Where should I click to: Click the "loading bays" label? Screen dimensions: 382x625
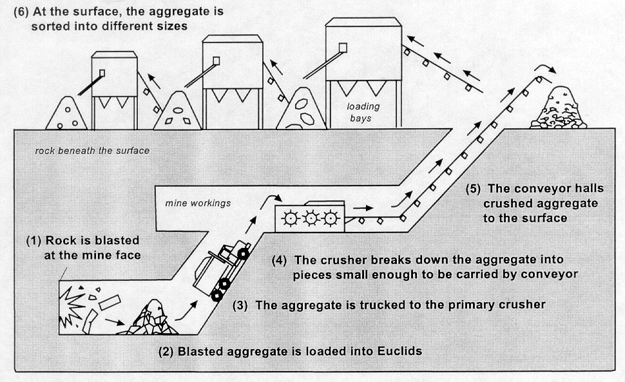[x=363, y=113]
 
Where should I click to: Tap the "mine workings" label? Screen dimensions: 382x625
[x=189, y=203]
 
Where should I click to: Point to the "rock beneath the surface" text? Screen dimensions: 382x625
[x=92, y=151]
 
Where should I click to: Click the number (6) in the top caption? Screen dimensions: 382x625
[x=20, y=12]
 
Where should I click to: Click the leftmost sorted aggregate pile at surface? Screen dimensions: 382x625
[x=67, y=115]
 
